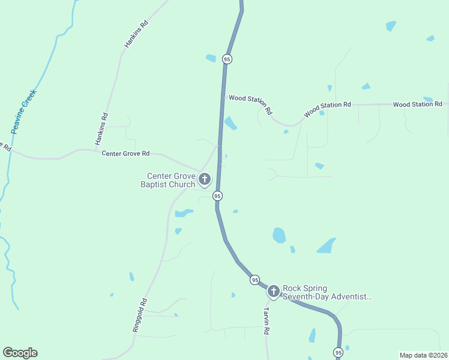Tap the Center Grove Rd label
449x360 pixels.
coord(125,154)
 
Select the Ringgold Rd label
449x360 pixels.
coord(139,316)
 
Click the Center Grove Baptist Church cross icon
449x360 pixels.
coord(205,179)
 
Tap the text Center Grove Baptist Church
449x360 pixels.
coord(172,180)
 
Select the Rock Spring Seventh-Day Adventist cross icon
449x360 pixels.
coord(274,292)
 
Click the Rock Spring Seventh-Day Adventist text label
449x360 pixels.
coord(327,292)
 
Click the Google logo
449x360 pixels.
coord(20,353)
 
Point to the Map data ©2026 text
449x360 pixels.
coord(423,355)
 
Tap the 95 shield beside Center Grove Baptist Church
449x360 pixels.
coord(217,196)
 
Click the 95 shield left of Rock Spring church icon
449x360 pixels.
coord(255,280)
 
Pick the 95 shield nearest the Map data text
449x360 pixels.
coord(339,352)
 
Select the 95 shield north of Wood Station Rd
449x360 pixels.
coord(226,59)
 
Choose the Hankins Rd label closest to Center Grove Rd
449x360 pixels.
coord(101,129)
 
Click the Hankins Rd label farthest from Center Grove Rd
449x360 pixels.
coord(136,35)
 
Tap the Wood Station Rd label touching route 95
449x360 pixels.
coord(251,104)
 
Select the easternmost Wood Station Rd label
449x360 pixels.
coord(418,104)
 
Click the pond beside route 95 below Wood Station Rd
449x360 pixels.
coord(230,123)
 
